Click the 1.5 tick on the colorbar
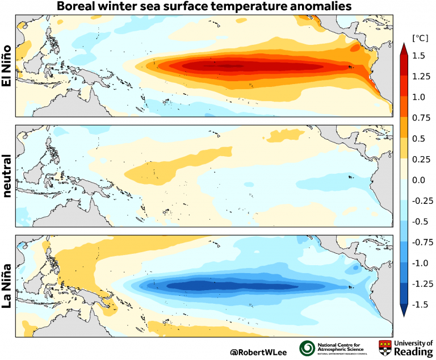(x=418, y=56)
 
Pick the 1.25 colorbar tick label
(x=420, y=77)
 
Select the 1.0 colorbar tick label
(x=418, y=97)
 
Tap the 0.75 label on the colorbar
(x=420, y=118)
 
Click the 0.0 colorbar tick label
(x=418, y=180)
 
